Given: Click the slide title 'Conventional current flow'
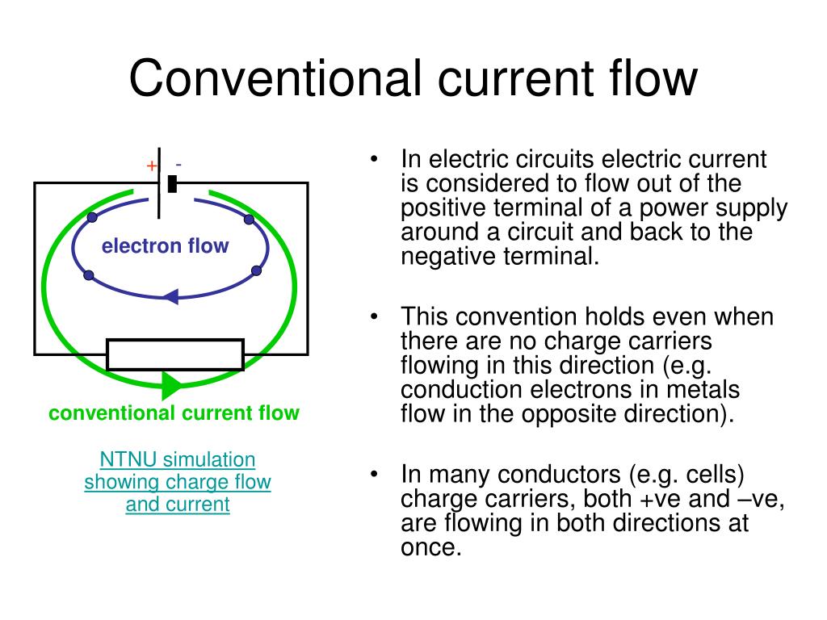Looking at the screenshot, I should (413, 79).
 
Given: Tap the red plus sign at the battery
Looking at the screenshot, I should (151, 165).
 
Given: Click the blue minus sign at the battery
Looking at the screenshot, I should (178, 165).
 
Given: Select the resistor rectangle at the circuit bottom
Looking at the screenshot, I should (175, 354).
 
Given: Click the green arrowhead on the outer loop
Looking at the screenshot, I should (171, 384).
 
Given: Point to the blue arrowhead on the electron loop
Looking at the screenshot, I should (170, 296).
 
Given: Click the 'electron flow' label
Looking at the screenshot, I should (165, 246).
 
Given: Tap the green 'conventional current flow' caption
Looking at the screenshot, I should (174, 414).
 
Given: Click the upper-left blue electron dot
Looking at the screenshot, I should (92, 219).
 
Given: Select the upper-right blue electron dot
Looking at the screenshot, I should (249, 219).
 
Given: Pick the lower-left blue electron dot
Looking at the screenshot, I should (88, 276).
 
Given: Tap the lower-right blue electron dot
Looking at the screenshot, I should (256, 270).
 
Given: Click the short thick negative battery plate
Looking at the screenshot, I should (171, 184).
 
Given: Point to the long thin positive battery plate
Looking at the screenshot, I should (159, 182).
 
